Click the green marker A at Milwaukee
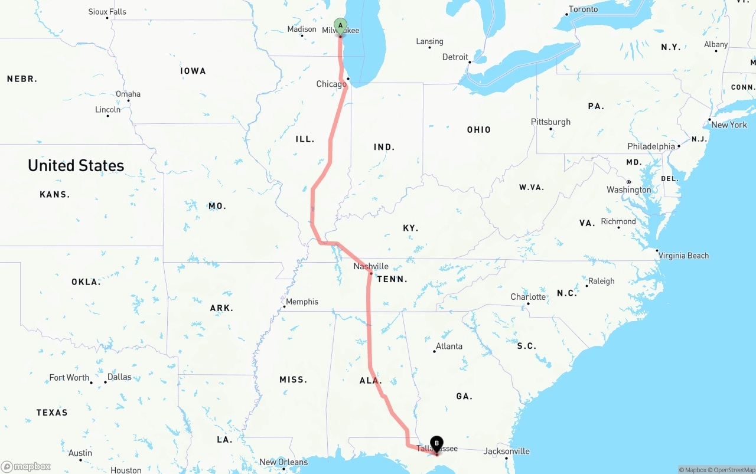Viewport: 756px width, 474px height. pyautogui.click(x=340, y=25)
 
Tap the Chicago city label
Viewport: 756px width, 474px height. pyautogui.click(x=331, y=84)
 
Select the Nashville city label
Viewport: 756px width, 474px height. pyautogui.click(x=371, y=266)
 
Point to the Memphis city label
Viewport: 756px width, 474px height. pyautogui.click(x=302, y=302)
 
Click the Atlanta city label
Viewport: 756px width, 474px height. pyautogui.click(x=449, y=346)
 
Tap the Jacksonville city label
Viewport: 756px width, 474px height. pyautogui.click(x=507, y=451)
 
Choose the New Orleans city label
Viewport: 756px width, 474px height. pyautogui.click(x=283, y=462)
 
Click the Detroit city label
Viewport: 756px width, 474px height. pyautogui.click(x=455, y=57)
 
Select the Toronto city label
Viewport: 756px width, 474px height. pyautogui.click(x=583, y=9)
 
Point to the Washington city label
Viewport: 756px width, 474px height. pyautogui.click(x=628, y=189)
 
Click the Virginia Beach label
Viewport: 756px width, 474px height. pyautogui.click(x=683, y=256)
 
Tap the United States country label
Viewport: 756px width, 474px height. pyautogui.click(x=76, y=165)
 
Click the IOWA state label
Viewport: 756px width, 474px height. pyautogui.click(x=193, y=71)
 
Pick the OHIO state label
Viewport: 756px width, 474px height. pyautogui.click(x=478, y=129)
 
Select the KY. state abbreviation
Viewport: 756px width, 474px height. pyautogui.click(x=410, y=228)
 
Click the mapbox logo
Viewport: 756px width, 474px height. pyautogui.click(x=26, y=466)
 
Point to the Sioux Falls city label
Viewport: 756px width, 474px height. pyautogui.click(x=107, y=12)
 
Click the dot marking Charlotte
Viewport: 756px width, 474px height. pyautogui.click(x=528, y=304)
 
